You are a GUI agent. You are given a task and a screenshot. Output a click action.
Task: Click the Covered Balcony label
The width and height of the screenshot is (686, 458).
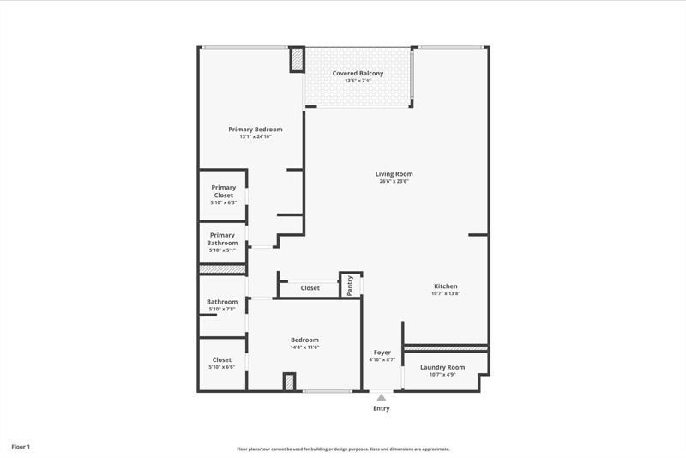(358, 74)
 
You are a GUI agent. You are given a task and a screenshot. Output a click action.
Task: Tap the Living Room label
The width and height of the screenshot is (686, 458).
(394, 174)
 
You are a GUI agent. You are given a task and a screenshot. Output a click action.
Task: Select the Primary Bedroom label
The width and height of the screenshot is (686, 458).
(255, 130)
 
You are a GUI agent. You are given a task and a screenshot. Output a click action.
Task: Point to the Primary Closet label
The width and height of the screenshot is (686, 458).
(223, 191)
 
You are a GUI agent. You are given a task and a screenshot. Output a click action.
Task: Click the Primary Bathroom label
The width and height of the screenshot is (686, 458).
(222, 239)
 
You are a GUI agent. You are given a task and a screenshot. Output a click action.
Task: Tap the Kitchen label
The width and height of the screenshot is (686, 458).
(445, 286)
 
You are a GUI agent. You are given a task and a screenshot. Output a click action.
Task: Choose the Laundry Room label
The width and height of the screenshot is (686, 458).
(442, 367)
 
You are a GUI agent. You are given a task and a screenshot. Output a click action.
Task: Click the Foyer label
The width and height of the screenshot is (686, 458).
(382, 353)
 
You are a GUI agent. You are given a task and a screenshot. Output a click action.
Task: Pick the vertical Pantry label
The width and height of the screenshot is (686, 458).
(350, 286)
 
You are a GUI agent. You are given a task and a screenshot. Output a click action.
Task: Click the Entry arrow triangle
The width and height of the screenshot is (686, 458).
(382, 397)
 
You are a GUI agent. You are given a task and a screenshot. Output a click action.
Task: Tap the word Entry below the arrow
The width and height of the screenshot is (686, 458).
(382, 408)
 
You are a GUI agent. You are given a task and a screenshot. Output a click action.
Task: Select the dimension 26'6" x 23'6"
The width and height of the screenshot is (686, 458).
(394, 182)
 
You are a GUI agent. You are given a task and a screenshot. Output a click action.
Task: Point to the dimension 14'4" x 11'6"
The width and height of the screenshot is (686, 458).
(304, 347)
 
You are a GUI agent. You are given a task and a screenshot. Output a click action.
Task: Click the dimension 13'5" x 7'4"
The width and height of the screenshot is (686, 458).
(358, 81)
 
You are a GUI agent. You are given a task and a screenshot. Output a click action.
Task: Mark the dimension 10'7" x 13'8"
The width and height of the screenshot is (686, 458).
(445, 294)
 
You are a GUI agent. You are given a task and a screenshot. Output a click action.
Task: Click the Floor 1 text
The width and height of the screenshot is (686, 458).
(21, 447)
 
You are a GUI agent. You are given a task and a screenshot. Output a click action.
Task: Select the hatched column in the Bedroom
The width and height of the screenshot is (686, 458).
(289, 382)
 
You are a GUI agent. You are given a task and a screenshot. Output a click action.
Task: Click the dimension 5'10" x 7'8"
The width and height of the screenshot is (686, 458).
(222, 309)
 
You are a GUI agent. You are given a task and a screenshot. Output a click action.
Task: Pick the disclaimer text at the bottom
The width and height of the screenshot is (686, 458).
(343, 449)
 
